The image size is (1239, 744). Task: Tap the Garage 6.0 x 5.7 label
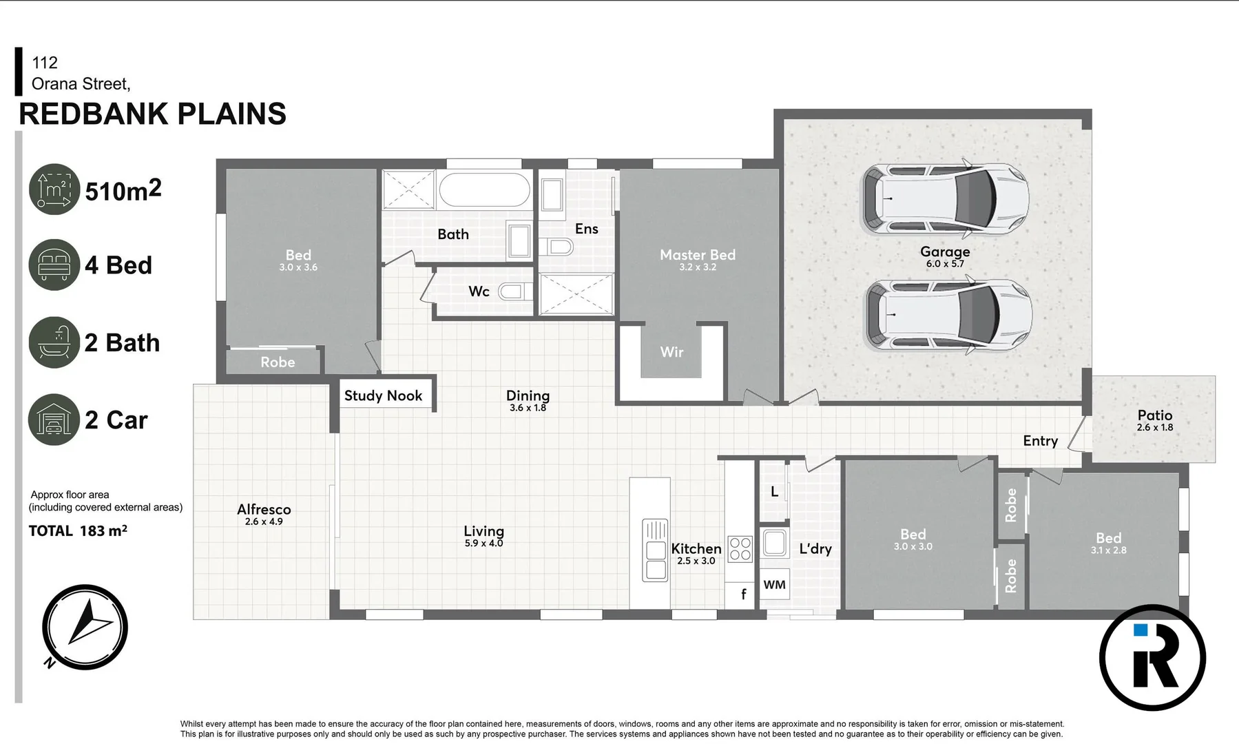[945, 256]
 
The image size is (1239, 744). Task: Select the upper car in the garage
[945, 200]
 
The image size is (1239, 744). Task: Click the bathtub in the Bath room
[484, 189]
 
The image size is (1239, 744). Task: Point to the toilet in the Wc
[512, 291]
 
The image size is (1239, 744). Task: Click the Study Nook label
[383, 395]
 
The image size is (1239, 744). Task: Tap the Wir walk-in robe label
[671, 352]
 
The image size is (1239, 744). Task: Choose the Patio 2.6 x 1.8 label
[1154, 420]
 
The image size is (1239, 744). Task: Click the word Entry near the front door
[1040, 441]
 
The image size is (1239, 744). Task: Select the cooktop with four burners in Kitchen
[740, 549]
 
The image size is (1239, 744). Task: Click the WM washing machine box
[774, 585]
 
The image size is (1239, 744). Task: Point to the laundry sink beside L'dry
[775, 543]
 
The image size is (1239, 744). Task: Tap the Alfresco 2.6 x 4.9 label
[264, 514]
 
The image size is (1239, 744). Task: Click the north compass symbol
[85, 628]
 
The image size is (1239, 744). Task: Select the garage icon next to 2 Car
[54, 420]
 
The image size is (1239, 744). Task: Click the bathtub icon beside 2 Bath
[54, 342]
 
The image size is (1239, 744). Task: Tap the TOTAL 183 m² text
[78, 530]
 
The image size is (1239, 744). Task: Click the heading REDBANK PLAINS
[152, 114]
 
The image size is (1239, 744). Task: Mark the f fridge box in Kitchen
[743, 595]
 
